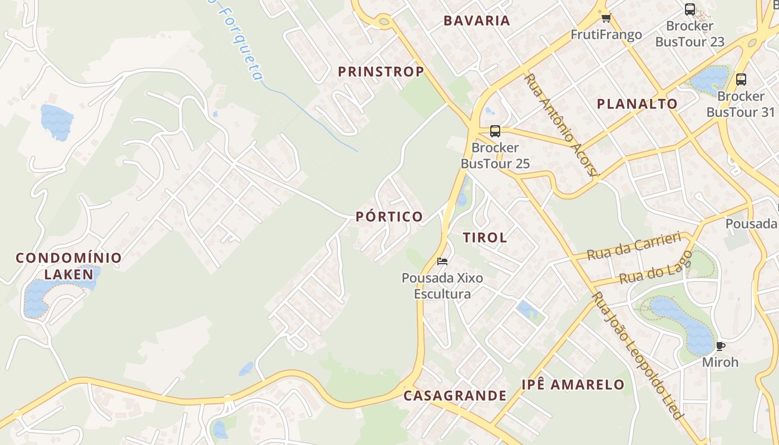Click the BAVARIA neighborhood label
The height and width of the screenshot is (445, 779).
(476, 21)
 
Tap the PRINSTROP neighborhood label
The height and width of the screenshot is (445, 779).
(381, 72)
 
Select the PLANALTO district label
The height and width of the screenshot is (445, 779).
(637, 104)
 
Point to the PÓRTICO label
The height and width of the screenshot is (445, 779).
(389, 216)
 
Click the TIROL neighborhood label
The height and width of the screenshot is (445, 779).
(485, 238)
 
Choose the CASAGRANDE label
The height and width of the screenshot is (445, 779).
(455, 395)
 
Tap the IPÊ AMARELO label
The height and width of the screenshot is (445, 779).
(573, 384)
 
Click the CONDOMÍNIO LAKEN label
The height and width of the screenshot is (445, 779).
(68, 266)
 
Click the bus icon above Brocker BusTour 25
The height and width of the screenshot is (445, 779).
(495, 131)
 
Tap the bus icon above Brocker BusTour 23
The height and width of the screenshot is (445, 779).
(689, 9)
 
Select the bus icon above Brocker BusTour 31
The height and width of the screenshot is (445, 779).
(741, 79)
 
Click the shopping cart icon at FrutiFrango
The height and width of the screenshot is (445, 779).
(606, 18)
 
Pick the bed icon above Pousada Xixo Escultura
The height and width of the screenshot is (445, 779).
(442, 261)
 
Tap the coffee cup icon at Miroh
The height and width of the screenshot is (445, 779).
(720, 346)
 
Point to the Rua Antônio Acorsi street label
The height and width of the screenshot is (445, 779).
(560, 126)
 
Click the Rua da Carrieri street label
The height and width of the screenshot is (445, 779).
(634, 246)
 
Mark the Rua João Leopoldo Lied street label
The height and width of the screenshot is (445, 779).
(637, 356)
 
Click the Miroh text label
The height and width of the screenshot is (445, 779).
(720, 362)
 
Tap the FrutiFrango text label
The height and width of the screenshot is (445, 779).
(606, 35)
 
